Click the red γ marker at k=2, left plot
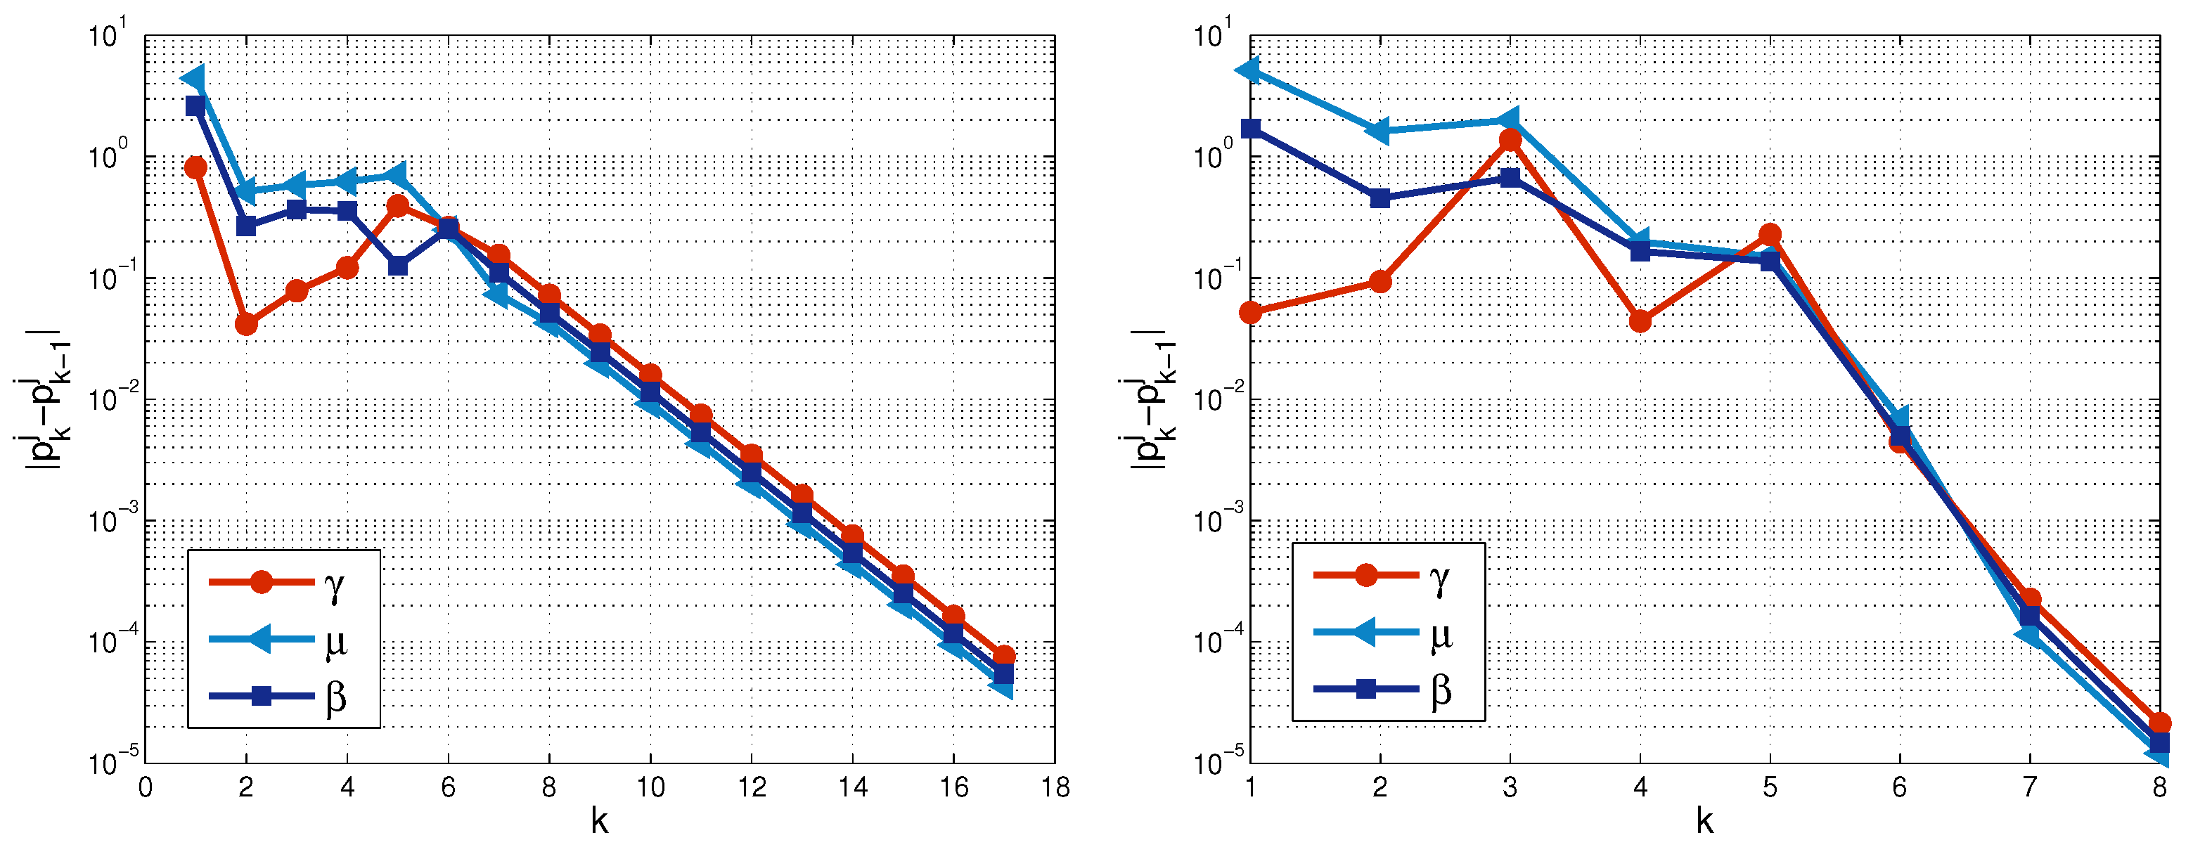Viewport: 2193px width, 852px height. point(246,324)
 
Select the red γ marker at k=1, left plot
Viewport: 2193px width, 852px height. point(195,167)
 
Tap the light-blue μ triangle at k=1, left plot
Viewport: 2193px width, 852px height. point(195,78)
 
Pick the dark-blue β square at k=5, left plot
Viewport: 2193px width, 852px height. point(397,266)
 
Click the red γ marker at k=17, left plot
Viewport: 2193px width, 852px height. point(1005,655)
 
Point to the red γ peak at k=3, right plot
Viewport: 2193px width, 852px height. point(1510,140)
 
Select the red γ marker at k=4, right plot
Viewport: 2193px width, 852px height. point(1640,321)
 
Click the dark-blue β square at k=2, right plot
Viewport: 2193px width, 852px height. point(1380,198)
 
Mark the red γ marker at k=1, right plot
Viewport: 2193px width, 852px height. point(1251,312)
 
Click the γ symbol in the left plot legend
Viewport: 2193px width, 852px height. point(335,586)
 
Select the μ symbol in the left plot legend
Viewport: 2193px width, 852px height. point(335,643)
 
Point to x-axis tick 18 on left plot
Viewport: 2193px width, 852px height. point(1055,787)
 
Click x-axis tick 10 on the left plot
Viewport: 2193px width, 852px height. point(650,787)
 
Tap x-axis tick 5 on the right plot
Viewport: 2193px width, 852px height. point(1770,787)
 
